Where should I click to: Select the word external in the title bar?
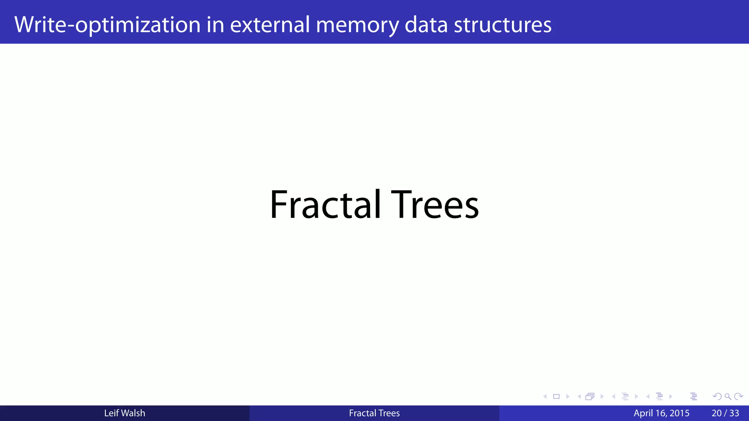tap(270, 25)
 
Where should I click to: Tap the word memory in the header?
tap(357, 25)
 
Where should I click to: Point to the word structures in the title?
tap(503, 25)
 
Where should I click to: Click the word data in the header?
tap(426, 25)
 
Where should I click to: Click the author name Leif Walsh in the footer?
tap(124, 413)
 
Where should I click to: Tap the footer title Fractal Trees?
tap(374, 413)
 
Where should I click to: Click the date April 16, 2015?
tap(661, 413)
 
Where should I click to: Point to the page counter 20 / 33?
tap(725, 413)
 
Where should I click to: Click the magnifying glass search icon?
tap(728, 397)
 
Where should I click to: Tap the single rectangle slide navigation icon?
tap(556, 397)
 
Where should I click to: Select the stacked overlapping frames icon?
tap(590, 397)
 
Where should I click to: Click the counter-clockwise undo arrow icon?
tap(717, 397)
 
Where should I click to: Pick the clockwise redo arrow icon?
tap(738, 397)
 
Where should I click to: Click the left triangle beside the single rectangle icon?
tap(545, 397)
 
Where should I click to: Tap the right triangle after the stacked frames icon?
tap(602, 397)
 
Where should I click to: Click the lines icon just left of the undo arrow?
tap(694, 397)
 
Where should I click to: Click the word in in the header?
tap(215, 25)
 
